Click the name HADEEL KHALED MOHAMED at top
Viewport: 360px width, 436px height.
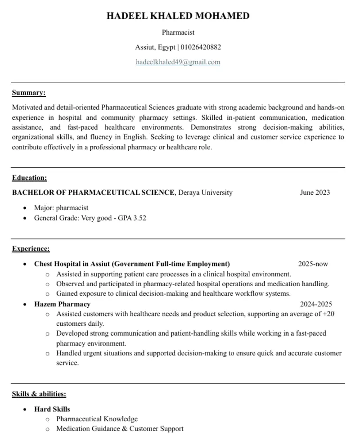pos(178,16)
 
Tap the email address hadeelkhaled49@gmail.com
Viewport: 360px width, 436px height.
pos(178,62)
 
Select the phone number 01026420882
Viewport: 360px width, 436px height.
pos(201,47)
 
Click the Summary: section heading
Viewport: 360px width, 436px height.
pos(29,93)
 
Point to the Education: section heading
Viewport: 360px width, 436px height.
pos(29,178)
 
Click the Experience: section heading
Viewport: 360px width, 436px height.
pos(31,248)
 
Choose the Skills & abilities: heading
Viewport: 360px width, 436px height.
pos(39,394)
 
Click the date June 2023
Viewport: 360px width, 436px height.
pos(315,193)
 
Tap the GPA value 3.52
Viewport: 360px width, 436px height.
pos(139,218)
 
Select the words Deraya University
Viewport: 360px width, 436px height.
pos(205,193)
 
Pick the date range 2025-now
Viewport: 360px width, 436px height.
pos(313,264)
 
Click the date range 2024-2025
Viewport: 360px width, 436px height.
pos(316,304)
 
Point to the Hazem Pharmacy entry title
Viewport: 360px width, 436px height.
pos(62,304)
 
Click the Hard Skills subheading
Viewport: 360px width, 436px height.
pos(52,409)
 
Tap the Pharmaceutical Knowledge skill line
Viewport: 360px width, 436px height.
pos(97,419)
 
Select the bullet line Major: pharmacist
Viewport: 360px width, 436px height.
pos(61,208)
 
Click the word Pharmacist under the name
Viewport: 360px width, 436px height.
pos(178,32)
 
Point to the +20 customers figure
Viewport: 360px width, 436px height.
pos(328,314)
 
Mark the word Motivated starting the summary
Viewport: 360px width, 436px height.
pos(27,108)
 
